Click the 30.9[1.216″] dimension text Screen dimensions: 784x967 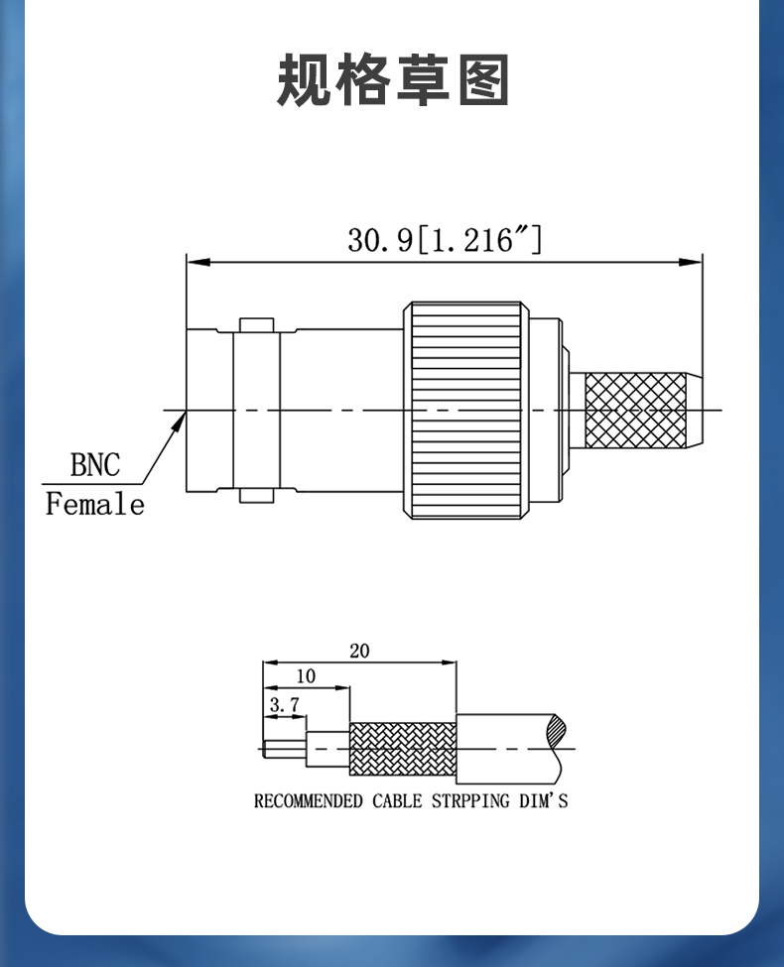(x=445, y=239)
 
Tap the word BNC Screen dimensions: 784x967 (x=95, y=465)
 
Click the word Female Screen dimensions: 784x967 (x=95, y=504)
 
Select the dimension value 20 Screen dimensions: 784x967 (x=359, y=651)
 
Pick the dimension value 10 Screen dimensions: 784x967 (x=306, y=676)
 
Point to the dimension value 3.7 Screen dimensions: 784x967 (x=285, y=704)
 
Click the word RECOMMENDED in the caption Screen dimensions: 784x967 (x=308, y=801)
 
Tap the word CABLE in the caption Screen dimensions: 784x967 (x=397, y=801)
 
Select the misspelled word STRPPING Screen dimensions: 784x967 (x=470, y=801)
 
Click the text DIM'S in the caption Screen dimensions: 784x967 (x=543, y=801)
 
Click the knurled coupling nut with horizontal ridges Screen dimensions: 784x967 (x=466, y=411)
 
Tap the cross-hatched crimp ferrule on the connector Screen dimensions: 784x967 (x=635, y=411)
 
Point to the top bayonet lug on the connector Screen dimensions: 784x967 (x=257, y=325)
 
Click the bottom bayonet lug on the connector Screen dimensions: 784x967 (x=257, y=495)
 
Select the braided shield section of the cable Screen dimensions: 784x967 (x=403, y=749)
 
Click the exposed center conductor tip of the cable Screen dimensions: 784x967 (x=284, y=749)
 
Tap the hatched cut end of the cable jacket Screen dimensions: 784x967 (x=556, y=731)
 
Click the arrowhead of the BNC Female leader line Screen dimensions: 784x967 (x=181, y=422)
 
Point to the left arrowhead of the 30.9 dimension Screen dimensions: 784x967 (x=198, y=262)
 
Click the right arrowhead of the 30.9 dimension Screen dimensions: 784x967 (x=690, y=262)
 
